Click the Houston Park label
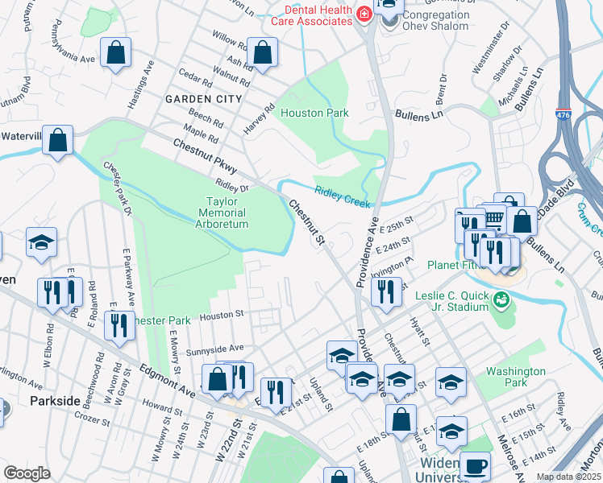point(314,113)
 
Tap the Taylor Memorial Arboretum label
point(222,213)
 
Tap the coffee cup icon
point(475,465)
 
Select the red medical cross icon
point(363,14)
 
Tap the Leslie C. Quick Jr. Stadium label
point(451,301)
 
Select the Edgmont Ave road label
point(167,379)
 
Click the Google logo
point(27,473)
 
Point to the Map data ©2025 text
point(569,477)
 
